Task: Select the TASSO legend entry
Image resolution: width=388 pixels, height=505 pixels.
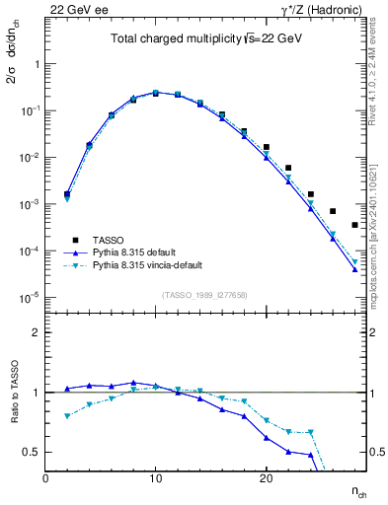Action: pos(108,241)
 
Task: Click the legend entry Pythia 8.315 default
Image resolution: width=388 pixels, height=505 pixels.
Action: pos(138,252)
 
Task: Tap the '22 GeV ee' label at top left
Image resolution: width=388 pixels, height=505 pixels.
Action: pos(74,10)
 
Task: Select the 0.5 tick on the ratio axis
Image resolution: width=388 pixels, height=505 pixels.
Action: pos(33,452)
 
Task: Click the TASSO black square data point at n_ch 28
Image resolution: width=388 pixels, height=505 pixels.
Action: pos(354,225)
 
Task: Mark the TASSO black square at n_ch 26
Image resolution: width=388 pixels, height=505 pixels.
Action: pos(333,211)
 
